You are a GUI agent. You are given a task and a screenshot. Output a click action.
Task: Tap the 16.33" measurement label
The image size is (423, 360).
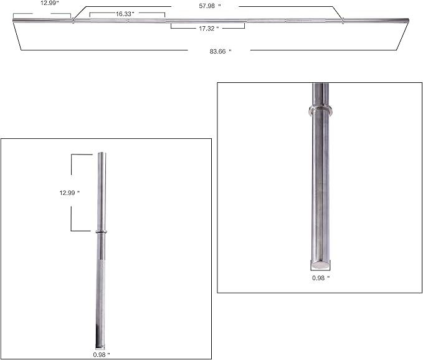(124, 13)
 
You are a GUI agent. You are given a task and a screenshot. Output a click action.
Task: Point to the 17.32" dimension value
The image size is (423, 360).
(208, 29)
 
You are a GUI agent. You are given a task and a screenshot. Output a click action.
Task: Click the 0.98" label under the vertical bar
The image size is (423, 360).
(100, 353)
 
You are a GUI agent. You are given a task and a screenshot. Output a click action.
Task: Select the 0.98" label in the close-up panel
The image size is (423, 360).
(321, 278)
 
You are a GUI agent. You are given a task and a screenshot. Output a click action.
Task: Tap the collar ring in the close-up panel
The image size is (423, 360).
(321, 111)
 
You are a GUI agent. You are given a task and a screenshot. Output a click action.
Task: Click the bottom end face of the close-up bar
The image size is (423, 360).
(321, 263)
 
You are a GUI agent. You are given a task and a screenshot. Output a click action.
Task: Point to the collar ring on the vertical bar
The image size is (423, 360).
(100, 233)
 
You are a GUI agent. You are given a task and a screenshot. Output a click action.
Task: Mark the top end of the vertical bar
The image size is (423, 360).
(100, 154)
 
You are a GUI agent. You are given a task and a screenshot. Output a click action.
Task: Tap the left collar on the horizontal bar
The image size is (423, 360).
(73, 21)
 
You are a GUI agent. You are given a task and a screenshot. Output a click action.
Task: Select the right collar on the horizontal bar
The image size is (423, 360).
(342, 21)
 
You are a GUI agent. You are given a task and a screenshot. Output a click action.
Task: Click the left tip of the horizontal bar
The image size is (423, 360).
(14, 21)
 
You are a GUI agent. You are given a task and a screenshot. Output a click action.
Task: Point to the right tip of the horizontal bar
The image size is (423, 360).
(407, 21)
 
